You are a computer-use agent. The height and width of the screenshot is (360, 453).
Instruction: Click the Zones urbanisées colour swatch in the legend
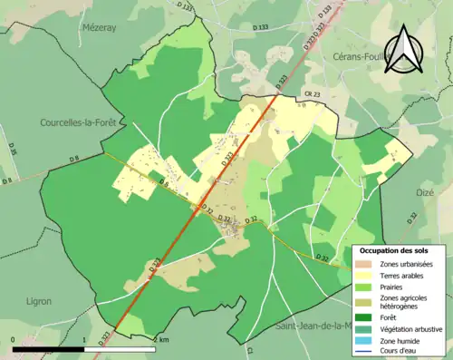tap(366, 263)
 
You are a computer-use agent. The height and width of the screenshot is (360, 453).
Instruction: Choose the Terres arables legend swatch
tap(366, 276)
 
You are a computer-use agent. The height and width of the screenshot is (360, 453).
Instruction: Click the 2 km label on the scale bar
tap(161, 340)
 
